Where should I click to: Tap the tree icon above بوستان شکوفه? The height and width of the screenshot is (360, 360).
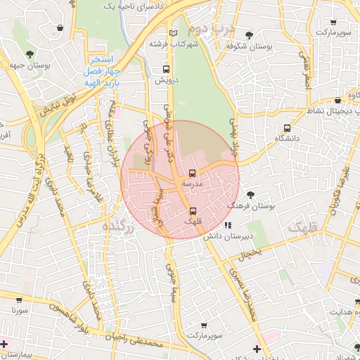249,35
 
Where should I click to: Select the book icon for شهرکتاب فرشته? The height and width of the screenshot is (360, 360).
174,32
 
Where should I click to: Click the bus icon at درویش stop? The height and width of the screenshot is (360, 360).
167,70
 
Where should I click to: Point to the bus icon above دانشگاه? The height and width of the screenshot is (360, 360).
286,128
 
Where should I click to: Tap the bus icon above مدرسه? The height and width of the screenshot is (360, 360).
193,172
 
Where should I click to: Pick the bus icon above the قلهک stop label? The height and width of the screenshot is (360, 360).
193,210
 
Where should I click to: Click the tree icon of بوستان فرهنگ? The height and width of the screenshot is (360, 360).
251,194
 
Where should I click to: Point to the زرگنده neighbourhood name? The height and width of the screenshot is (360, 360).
117,226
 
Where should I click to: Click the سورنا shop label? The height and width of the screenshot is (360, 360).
19,309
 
